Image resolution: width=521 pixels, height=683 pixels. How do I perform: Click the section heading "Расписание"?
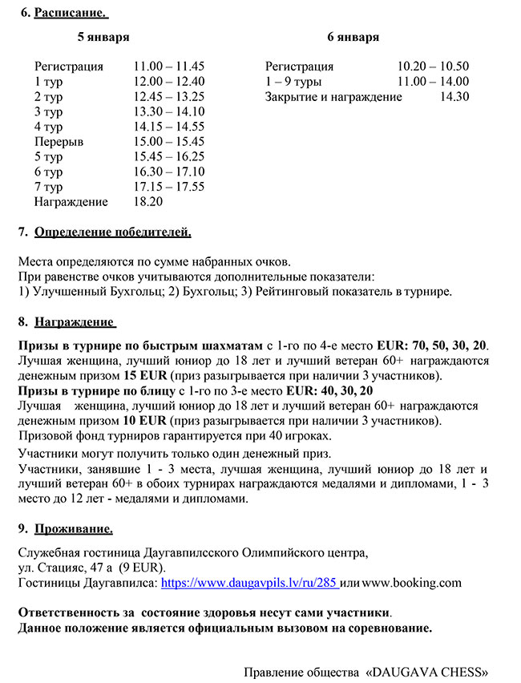tap(71, 14)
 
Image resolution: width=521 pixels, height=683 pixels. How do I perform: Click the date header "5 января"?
tap(103, 38)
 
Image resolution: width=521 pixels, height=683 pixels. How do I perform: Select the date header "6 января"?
tap(353, 38)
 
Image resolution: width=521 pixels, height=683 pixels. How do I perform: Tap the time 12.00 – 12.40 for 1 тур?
tap(169, 81)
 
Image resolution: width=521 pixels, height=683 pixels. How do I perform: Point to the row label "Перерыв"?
tap(59, 142)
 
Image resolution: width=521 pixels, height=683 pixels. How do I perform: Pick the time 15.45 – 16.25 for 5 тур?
tap(169, 157)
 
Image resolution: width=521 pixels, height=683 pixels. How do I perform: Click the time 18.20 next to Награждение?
tap(148, 202)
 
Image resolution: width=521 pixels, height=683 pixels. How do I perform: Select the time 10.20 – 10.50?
tap(434, 67)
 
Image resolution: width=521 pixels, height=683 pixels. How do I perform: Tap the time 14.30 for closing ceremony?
tap(454, 97)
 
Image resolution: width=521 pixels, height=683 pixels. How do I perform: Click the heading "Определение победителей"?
tap(113, 233)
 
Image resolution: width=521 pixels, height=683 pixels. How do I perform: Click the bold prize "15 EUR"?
tap(144, 375)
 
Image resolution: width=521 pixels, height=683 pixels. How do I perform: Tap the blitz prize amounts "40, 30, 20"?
tap(345, 390)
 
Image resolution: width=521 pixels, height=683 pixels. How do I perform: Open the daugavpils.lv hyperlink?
tap(249, 583)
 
